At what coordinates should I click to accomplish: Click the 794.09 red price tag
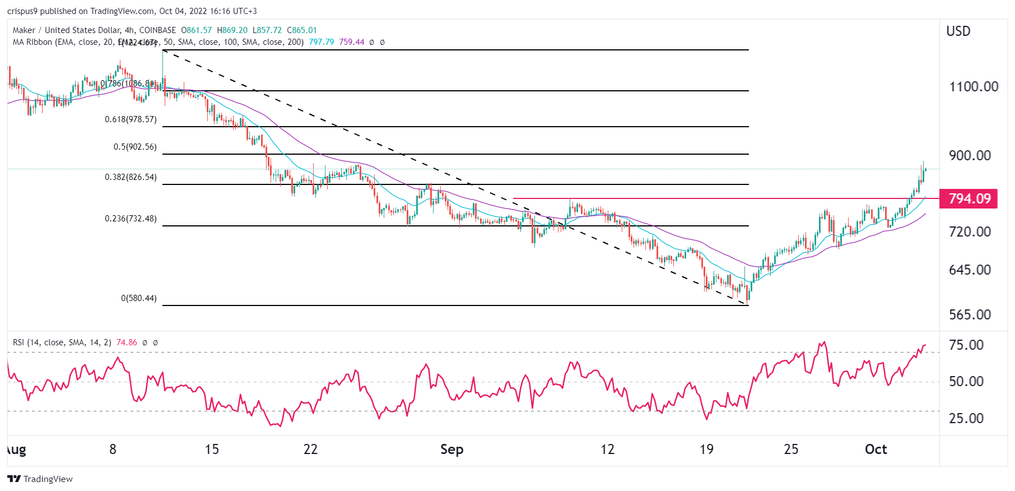click(x=969, y=199)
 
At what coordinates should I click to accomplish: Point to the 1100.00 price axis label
click(x=974, y=87)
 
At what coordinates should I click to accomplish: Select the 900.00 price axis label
click(x=970, y=156)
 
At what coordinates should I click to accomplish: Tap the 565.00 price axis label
click(x=970, y=315)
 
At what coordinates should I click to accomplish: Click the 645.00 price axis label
click(x=970, y=270)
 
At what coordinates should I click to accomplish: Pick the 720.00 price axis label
click(x=970, y=232)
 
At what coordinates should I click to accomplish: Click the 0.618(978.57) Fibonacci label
click(x=131, y=119)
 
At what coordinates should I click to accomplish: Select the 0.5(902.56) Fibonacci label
click(x=135, y=147)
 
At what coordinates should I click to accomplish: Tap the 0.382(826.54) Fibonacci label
click(x=131, y=177)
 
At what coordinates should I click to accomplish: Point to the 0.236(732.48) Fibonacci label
click(x=131, y=219)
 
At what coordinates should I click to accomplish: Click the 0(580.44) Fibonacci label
click(x=139, y=298)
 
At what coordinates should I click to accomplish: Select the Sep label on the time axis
click(x=451, y=450)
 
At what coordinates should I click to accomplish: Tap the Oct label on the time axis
click(x=876, y=450)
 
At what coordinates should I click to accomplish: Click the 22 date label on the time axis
click(x=310, y=450)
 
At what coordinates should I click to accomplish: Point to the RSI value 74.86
click(x=127, y=342)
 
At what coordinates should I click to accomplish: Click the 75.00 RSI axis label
click(x=966, y=345)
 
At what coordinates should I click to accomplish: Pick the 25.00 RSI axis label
click(x=966, y=419)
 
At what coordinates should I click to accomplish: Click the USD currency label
click(x=958, y=31)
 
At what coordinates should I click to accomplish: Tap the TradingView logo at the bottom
click(x=40, y=479)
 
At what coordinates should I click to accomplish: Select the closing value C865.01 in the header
click(x=302, y=30)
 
